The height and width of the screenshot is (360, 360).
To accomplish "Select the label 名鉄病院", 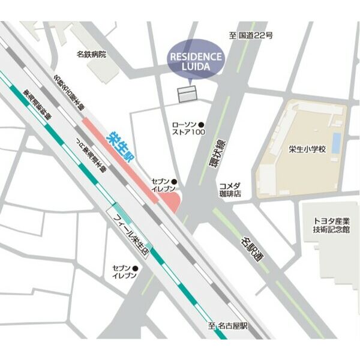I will [x=91, y=54].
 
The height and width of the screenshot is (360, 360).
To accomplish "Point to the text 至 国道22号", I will [x=251, y=35].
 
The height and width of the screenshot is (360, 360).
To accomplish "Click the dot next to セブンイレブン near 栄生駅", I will [x=175, y=181].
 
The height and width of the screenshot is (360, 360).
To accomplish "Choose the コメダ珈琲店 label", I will [x=230, y=190].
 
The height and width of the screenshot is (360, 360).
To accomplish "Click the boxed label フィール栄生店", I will [x=130, y=232].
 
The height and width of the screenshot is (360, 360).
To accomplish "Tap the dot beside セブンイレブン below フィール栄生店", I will [x=141, y=267].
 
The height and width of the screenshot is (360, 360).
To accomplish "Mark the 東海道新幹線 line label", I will [x=37, y=105].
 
